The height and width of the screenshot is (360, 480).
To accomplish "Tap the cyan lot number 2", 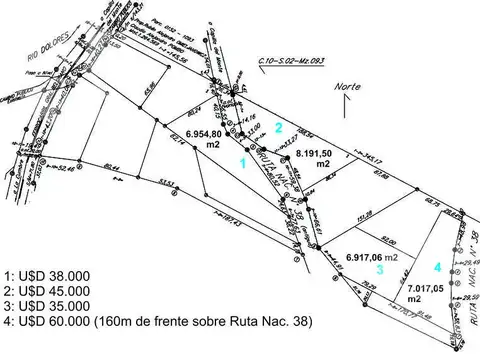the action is [280, 126].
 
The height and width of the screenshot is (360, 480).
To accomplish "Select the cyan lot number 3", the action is [379, 269].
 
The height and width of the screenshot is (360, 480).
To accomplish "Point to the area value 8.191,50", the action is [320, 152].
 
